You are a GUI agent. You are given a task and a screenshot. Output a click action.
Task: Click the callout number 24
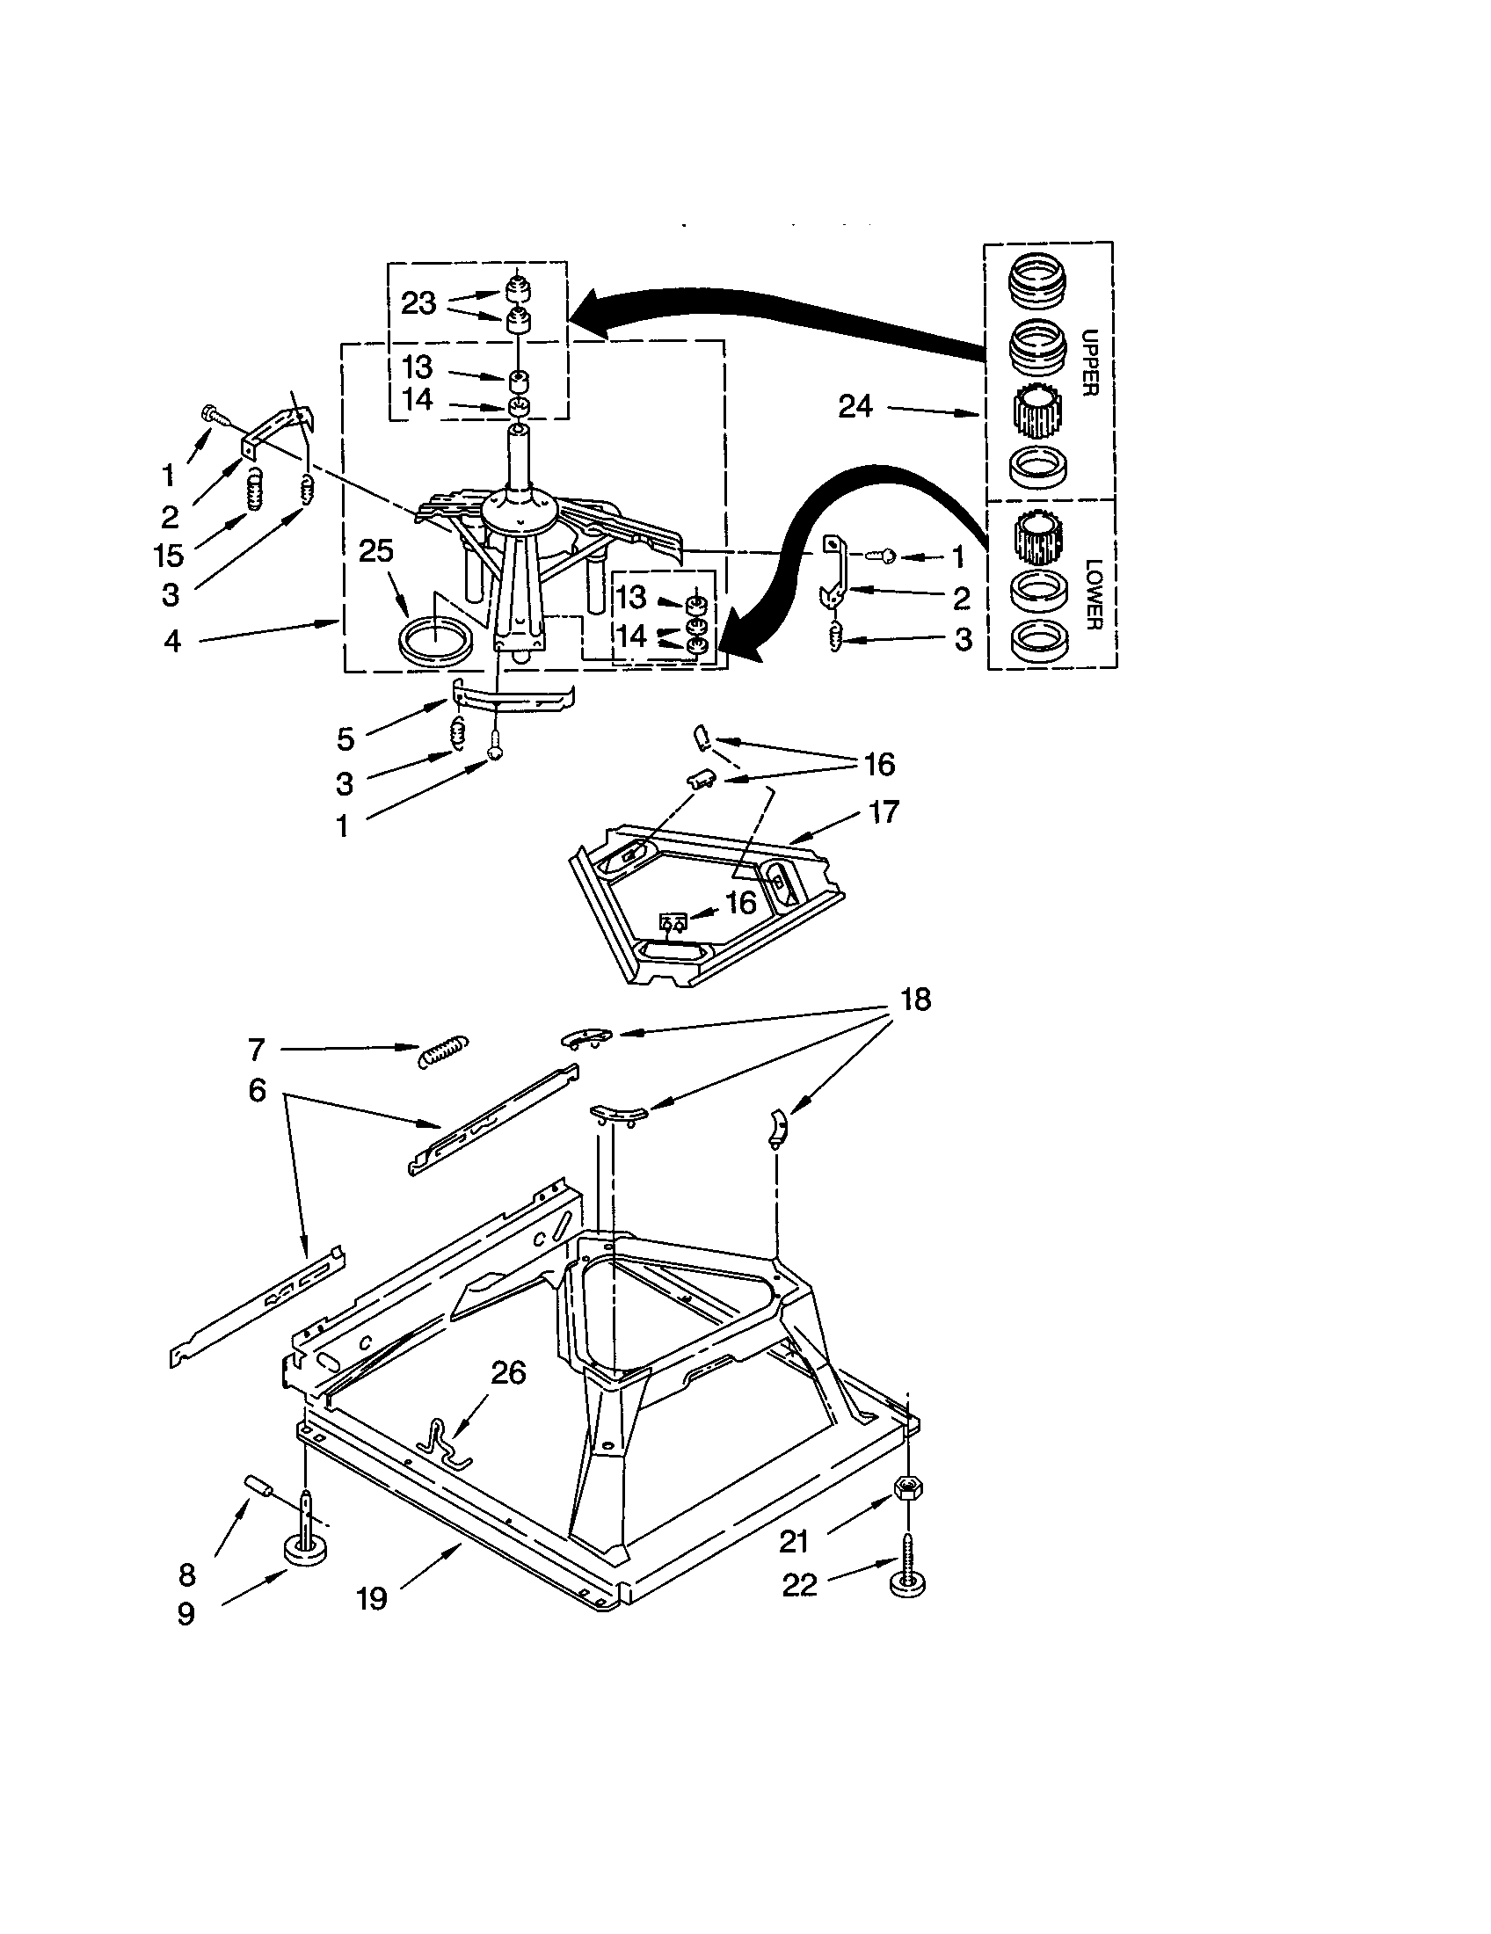point(855,406)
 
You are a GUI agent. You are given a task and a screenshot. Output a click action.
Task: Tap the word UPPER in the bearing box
point(1090,362)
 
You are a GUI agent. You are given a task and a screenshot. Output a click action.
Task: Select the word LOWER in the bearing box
point(1093,593)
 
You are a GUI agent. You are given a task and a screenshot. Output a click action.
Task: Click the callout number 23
point(418,303)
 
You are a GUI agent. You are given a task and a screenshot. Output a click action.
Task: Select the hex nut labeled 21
point(905,1489)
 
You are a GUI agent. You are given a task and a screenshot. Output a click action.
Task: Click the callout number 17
point(884,811)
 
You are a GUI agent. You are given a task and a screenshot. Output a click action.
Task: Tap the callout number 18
point(915,1000)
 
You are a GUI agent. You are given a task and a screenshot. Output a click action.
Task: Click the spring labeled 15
point(255,489)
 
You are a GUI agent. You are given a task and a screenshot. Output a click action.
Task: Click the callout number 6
point(257,1090)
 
